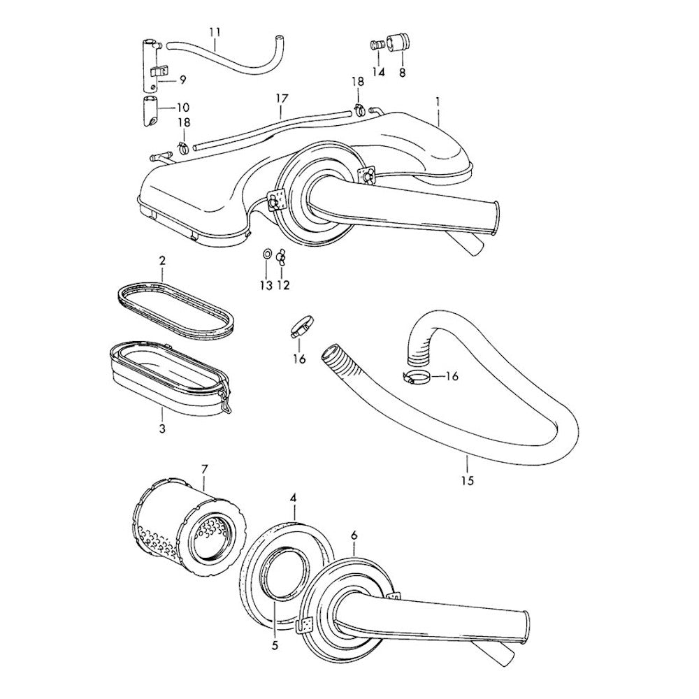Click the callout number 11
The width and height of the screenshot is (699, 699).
coord(215,33)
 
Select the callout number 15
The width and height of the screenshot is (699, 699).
coord(468,480)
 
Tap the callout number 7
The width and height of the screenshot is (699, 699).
coord(204,468)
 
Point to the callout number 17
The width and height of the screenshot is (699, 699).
coord(282,99)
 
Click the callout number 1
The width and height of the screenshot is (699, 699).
coord(438,101)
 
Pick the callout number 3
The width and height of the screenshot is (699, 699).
coord(162,429)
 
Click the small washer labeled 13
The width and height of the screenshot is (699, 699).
coord(266,254)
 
